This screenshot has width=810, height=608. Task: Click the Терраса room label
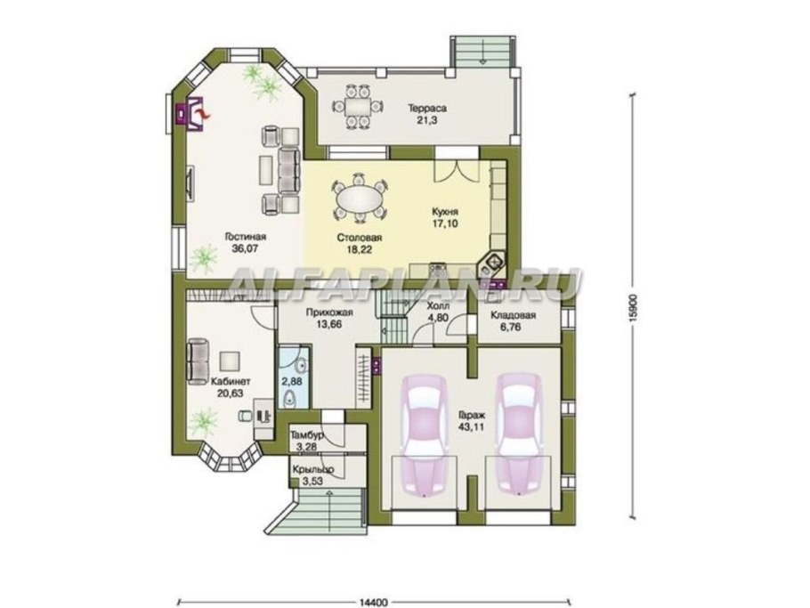(426, 109)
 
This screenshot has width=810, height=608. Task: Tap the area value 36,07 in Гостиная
(245, 248)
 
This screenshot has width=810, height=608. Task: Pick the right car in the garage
(520, 434)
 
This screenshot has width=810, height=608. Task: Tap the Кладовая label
(513, 316)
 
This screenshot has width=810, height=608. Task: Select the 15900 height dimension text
(634, 309)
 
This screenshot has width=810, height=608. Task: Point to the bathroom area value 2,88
(290, 382)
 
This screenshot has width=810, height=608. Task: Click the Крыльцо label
(312, 470)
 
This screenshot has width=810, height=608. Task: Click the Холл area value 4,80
(438, 318)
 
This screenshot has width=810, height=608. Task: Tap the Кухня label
(445, 212)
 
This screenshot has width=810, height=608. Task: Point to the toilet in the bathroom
(291, 398)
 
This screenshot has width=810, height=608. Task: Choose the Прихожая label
(329, 312)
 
